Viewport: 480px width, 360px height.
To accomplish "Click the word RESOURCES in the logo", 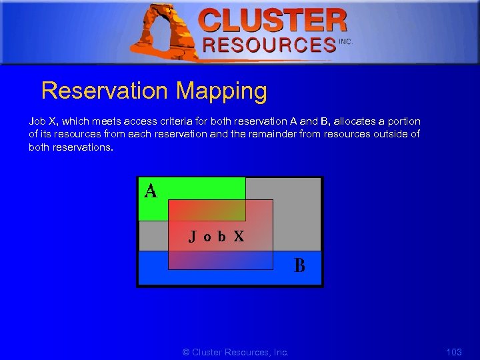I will pos(269,45).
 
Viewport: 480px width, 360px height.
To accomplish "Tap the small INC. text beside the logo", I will pos(345,41).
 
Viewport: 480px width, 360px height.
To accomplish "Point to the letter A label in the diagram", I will pos(151,192).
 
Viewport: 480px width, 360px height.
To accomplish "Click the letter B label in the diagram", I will pos(300,265).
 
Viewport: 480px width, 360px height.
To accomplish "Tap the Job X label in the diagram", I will pos(216,236).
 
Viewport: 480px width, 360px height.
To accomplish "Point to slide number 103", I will pos(453,352).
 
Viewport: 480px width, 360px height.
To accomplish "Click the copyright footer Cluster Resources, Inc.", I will pos(235,352).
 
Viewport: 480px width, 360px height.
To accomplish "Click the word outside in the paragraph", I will pos(389,134).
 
